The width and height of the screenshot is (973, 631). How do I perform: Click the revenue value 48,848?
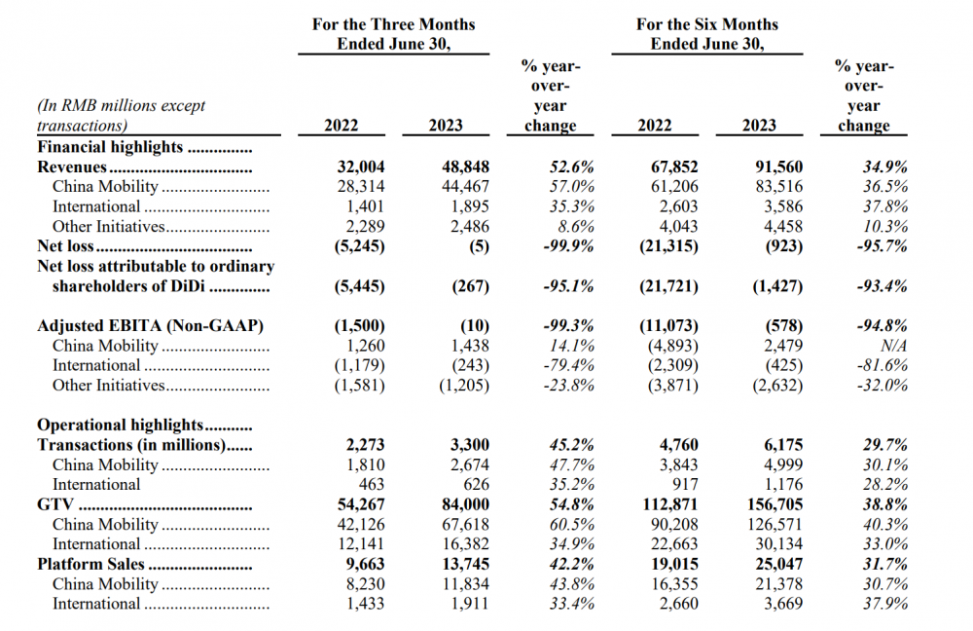point(465,167)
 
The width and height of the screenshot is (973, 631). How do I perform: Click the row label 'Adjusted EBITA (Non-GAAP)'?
point(150,326)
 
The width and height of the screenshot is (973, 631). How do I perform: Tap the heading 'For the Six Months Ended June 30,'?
point(706,34)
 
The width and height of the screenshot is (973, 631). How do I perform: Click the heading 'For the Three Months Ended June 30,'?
point(393,34)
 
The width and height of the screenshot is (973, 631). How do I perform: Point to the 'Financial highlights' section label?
point(110,147)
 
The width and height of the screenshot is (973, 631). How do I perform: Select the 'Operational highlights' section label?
point(121,426)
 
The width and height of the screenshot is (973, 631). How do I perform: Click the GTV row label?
point(55,504)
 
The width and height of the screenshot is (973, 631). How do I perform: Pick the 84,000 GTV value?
point(465,504)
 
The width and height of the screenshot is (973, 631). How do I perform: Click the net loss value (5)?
point(479,246)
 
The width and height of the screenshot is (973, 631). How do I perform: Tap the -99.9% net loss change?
point(568,246)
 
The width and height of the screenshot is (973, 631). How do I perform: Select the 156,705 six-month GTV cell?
point(775,504)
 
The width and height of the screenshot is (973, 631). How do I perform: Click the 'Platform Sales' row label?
point(90,564)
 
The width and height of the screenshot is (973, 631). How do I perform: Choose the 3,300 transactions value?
point(469,445)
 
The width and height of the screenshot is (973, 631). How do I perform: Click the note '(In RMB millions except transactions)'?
point(121,116)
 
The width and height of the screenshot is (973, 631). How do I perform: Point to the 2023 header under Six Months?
point(759,126)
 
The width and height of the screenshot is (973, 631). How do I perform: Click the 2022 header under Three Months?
point(341,126)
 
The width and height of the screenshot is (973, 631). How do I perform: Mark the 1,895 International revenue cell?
point(470,206)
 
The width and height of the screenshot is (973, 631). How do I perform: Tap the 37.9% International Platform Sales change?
point(884,604)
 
